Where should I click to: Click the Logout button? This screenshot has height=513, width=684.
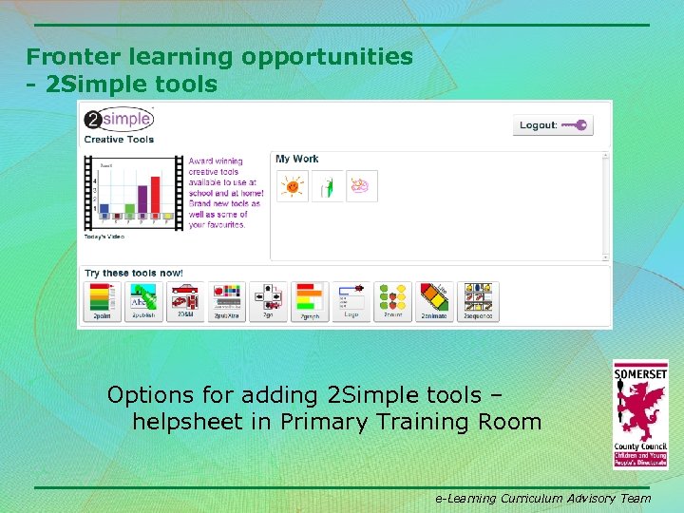click(552, 125)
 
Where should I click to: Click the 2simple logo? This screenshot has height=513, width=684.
click(118, 120)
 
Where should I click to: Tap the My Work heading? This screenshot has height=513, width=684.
click(296, 159)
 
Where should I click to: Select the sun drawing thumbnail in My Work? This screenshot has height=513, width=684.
click(292, 186)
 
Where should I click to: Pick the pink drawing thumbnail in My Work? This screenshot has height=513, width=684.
click(362, 186)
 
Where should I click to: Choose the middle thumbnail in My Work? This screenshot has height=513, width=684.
click(327, 186)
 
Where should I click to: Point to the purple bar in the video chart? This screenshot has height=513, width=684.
click(142, 201)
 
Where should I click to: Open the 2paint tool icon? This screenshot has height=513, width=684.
click(101, 301)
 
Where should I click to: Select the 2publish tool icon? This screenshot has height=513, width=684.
click(142, 301)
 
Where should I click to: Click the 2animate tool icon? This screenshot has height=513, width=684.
click(434, 301)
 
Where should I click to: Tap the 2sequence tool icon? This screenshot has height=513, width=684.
click(477, 301)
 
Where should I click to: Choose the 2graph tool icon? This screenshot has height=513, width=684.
click(309, 301)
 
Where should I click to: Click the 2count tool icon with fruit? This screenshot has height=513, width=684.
click(392, 301)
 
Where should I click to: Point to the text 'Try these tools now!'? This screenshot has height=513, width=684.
click(134, 274)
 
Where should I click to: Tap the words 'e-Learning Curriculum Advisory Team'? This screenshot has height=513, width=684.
click(542, 498)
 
